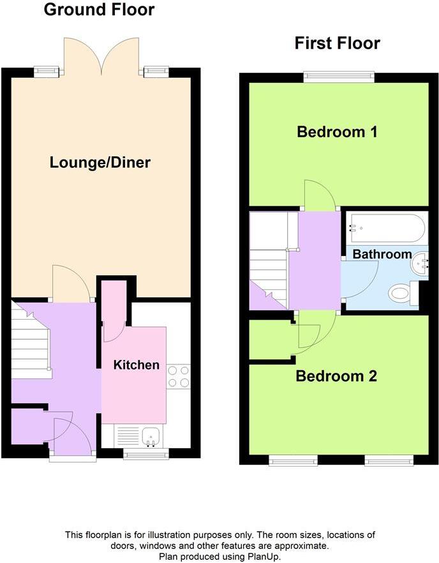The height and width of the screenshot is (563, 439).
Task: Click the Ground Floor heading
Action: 99,10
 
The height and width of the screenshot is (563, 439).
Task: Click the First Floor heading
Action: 337,43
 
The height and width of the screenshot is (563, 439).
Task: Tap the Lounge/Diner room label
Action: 100,162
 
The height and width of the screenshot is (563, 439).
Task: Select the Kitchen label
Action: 136,365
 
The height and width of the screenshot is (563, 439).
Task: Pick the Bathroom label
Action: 382,254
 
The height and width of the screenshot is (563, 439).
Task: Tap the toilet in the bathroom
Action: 400,294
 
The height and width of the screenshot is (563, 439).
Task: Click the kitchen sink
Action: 151,436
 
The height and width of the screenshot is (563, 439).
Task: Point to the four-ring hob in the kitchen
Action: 179,376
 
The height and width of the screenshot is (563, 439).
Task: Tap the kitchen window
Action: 146,454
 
